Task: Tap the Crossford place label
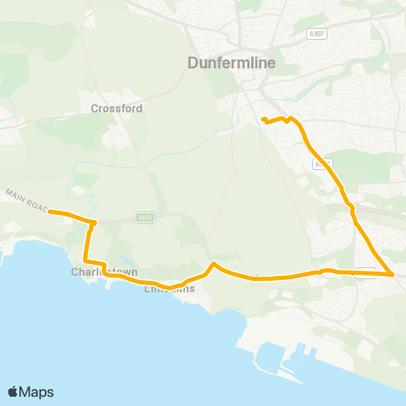(x=117, y=108)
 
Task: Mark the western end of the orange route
(x=49, y=211)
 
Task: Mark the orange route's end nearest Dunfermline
(x=262, y=119)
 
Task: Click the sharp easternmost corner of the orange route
(x=392, y=275)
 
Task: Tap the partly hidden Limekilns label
(x=169, y=289)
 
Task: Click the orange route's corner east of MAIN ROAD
(x=94, y=223)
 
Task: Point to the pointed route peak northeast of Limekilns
(x=214, y=264)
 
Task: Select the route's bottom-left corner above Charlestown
(x=85, y=261)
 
